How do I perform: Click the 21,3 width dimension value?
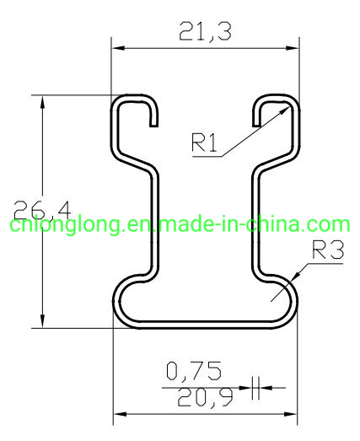[205, 32]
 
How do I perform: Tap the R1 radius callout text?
[205, 143]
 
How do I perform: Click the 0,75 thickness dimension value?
[194, 370]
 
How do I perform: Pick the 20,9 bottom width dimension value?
[194, 395]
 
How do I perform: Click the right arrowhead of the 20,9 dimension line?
[293, 414]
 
